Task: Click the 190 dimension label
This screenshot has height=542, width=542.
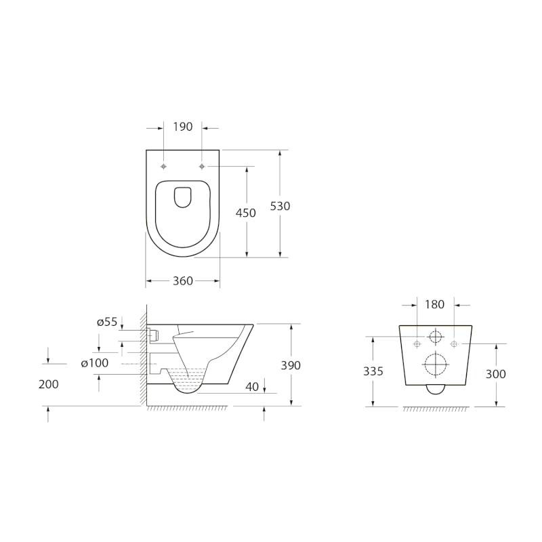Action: click(183, 127)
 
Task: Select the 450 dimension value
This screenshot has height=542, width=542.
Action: click(245, 213)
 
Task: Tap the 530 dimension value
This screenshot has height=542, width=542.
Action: click(280, 206)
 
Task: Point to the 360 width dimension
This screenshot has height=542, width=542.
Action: click(183, 280)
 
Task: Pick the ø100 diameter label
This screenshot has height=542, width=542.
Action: click(95, 363)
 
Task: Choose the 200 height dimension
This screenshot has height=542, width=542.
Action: click(48, 384)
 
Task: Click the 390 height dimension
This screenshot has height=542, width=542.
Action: click(290, 365)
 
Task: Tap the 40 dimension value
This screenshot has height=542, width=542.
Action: click(252, 387)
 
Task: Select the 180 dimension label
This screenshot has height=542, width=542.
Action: click(434, 305)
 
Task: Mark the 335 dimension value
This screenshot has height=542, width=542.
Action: click(373, 371)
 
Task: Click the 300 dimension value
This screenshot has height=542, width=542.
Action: click(497, 373)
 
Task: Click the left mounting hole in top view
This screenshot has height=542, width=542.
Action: click(164, 166)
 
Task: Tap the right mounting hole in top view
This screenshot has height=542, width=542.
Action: click(202, 166)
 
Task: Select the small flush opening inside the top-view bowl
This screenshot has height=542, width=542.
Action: click(183, 196)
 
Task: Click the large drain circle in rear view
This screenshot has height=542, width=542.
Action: click(434, 364)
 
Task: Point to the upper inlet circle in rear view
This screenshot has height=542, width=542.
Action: click(434, 337)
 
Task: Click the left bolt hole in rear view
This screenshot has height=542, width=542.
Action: click(416, 344)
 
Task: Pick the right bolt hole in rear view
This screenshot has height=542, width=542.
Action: click(453, 344)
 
